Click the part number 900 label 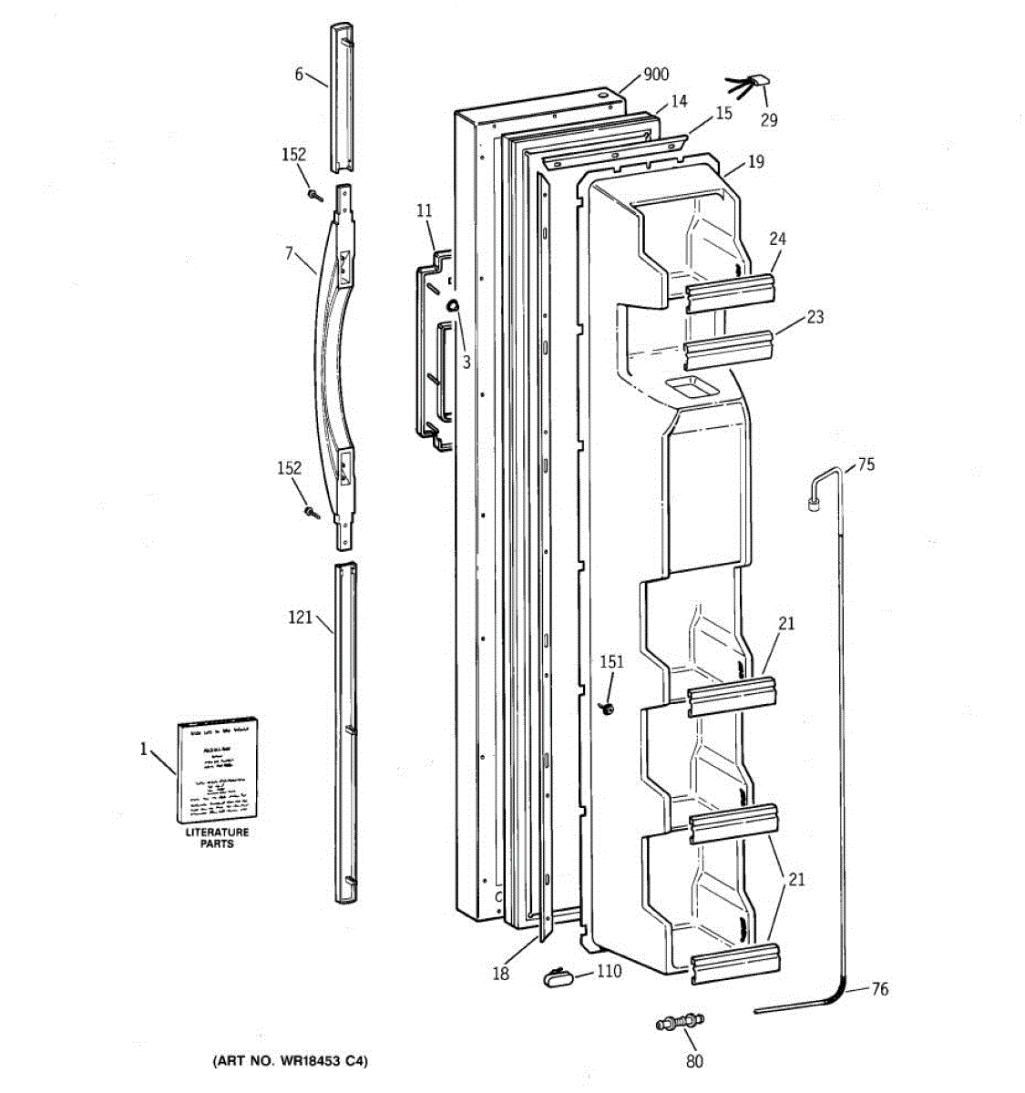[656, 75]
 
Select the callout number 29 [769, 119]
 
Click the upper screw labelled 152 [315, 194]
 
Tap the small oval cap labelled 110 [557, 977]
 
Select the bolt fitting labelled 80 [681, 1022]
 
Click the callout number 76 [879, 989]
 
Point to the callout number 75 [866, 465]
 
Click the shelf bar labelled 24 [731, 291]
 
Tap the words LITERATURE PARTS [217, 838]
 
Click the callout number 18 [500, 974]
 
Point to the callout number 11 [424, 211]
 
